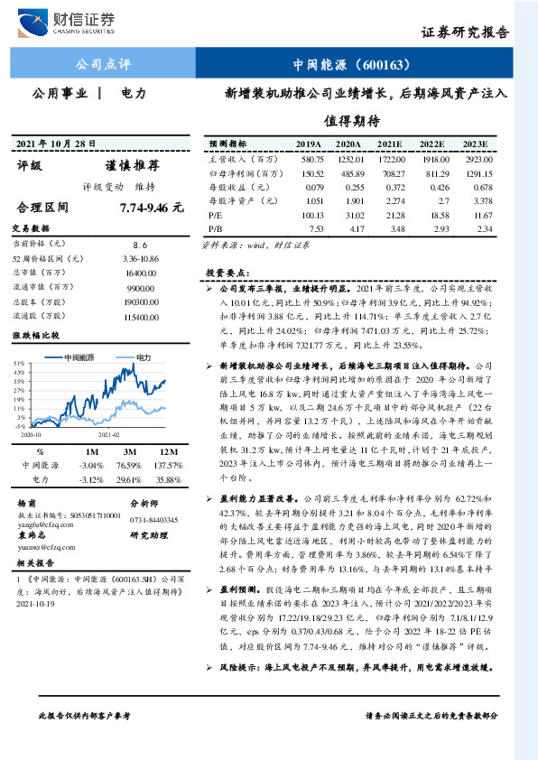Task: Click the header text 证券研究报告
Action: pyautogui.click(x=465, y=32)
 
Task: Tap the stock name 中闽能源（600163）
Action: pyautogui.click(x=352, y=65)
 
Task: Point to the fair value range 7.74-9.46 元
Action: pyautogui.click(x=151, y=208)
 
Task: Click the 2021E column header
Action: pyautogui.click(x=390, y=144)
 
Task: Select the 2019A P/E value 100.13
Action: pyautogui.click(x=309, y=216)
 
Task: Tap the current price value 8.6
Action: pyautogui.click(x=140, y=244)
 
